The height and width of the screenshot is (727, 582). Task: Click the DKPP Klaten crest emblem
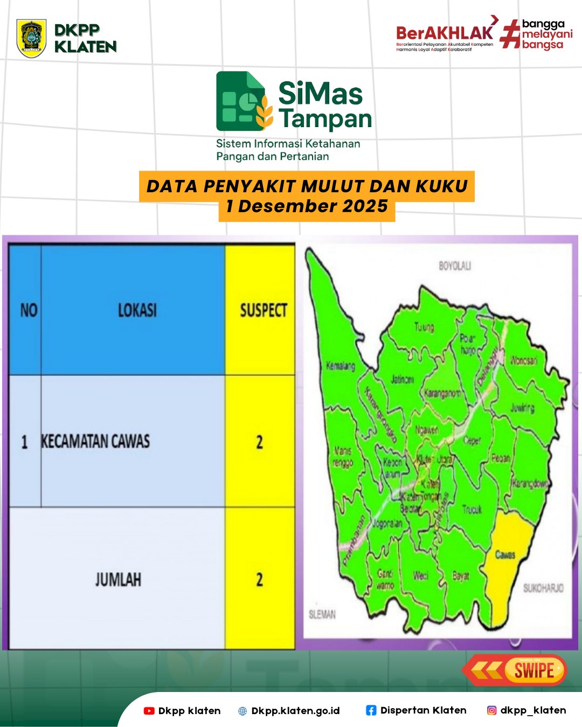(31, 38)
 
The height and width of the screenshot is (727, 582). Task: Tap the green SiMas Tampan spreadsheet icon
(241, 101)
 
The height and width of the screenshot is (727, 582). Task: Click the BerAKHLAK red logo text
(444, 33)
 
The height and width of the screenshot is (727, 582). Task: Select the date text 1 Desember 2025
(307, 206)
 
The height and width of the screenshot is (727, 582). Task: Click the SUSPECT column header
(263, 310)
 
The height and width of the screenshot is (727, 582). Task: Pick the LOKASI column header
(137, 310)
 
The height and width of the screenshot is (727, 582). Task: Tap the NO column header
(29, 310)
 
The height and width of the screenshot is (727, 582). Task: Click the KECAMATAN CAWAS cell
(96, 442)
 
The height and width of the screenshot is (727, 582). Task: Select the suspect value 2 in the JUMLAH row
(259, 579)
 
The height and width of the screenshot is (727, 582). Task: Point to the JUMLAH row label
(118, 579)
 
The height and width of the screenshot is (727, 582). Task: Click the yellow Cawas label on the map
(505, 554)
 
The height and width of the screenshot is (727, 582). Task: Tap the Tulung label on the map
(424, 327)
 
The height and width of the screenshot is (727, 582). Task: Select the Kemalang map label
(341, 366)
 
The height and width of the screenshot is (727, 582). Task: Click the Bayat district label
(460, 576)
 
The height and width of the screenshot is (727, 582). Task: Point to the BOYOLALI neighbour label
(455, 266)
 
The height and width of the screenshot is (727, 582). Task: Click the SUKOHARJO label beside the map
(543, 588)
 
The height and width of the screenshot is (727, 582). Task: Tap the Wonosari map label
(524, 360)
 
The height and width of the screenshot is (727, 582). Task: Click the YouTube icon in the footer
(149, 711)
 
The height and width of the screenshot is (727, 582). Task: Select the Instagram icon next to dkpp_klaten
(491, 710)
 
